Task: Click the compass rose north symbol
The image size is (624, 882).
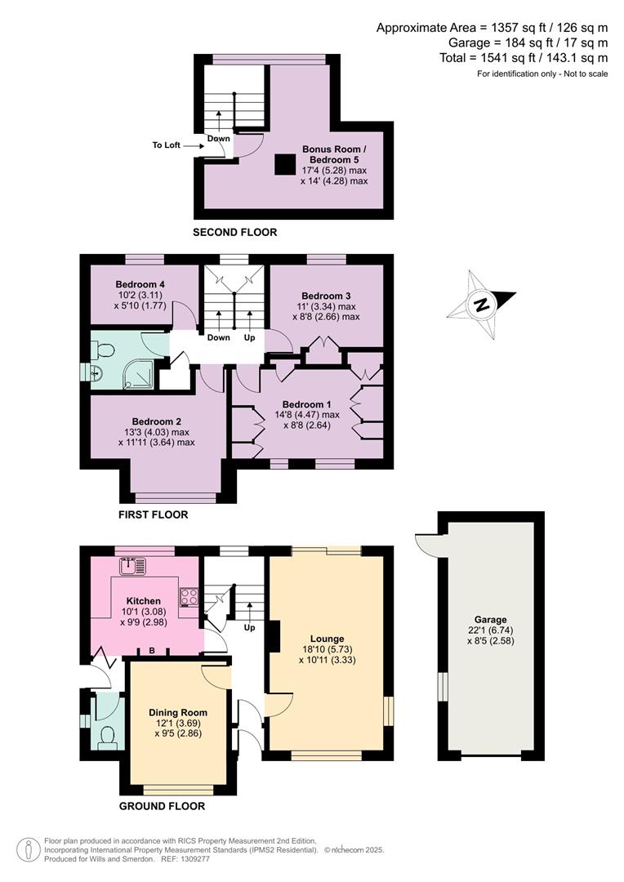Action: (x=481, y=305)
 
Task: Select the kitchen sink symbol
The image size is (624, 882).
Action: (x=132, y=564)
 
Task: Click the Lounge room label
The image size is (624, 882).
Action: (x=327, y=639)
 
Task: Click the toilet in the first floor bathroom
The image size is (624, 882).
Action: (x=102, y=350)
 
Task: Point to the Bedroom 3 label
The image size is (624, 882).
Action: (x=326, y=296)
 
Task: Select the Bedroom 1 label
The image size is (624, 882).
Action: (x=307, y=404)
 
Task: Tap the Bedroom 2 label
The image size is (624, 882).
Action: (x=157, y=421)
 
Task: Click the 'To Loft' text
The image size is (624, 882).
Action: (x=166, y=145)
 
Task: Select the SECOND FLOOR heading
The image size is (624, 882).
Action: (x=234, y=233)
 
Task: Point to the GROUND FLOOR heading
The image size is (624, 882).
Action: (x=162, y=806)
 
